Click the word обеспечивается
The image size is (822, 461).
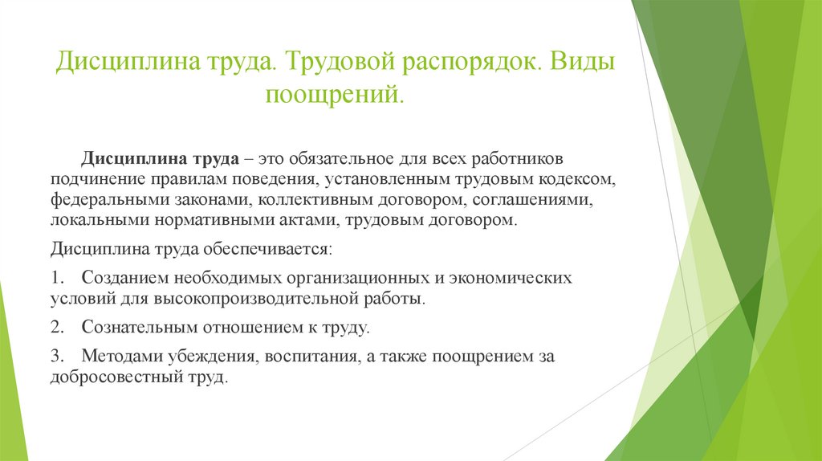(270, 249)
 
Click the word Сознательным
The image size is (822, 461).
(134, 328)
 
